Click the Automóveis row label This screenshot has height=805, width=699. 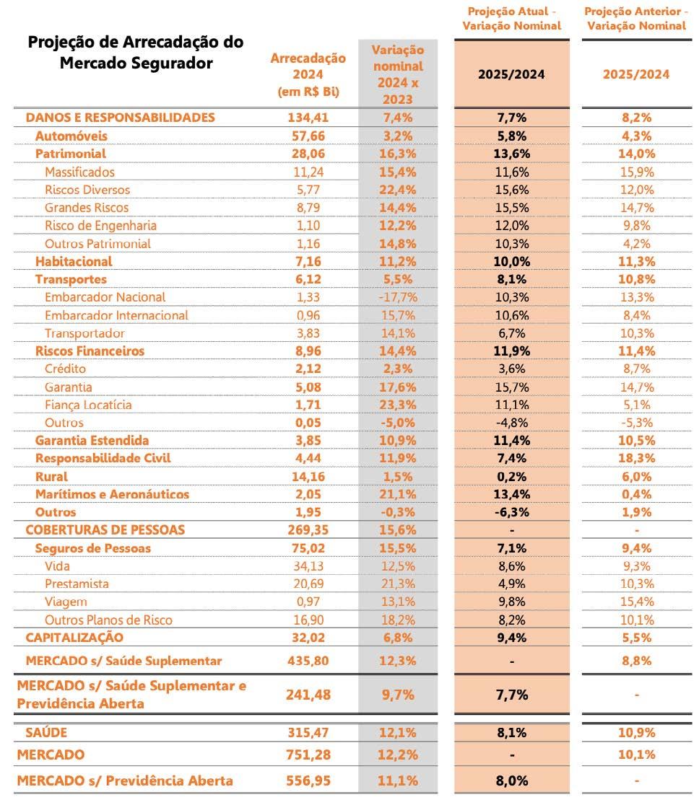71,136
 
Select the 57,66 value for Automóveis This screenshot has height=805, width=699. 308,136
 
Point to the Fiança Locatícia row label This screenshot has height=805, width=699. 88,405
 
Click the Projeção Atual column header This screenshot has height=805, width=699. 512,19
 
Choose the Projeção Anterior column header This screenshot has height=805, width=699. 635,19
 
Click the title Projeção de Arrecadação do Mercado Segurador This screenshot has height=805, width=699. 136,52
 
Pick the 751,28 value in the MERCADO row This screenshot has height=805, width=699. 308,755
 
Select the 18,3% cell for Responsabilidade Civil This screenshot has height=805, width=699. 635,459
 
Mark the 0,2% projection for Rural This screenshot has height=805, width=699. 512,477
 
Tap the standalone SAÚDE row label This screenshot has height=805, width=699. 46,733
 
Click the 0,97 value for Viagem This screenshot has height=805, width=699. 308,602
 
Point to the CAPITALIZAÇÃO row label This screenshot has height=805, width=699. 74,638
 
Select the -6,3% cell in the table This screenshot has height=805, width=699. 512,512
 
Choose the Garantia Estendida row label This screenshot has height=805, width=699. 92,441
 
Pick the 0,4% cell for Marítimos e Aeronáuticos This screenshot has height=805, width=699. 635,494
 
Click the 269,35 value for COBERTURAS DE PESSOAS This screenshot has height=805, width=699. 308,530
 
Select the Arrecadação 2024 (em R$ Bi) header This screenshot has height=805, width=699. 308,75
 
